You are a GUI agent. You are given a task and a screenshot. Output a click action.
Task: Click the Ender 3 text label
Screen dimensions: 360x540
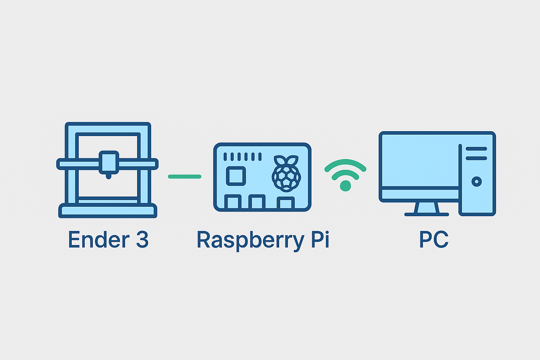coord(108,240)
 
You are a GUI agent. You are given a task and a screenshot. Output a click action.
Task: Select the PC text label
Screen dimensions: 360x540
coord(434,240)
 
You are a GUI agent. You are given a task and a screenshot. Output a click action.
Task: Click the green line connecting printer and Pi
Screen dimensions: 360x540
coord(185,176)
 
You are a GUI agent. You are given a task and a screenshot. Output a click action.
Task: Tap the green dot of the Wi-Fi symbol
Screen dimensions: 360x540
coord(345,186)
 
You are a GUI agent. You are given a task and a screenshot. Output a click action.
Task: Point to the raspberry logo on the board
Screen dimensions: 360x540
coord(286,174)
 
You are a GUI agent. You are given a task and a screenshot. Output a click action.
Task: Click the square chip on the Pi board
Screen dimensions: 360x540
coord(236,176)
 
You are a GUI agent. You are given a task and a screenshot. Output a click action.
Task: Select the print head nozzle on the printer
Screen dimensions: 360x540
coord(108,176)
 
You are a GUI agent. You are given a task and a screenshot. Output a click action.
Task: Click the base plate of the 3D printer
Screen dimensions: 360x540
coord(108,211)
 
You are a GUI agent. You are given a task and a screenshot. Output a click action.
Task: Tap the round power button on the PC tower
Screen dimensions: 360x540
coord(477,182)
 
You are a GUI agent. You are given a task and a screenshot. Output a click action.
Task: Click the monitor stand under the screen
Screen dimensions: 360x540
coord(426,209)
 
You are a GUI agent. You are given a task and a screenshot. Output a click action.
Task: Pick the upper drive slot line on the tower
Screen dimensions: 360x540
coord(476,149)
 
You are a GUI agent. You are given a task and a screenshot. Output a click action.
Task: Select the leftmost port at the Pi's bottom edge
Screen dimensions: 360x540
coord(233,202)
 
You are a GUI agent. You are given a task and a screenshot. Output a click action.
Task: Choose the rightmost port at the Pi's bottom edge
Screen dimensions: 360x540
coord(285,203)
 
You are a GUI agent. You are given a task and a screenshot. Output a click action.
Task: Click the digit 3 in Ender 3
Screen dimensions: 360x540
coord(142,240)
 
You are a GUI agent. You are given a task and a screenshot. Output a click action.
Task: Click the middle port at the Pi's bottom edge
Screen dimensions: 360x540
coord(257,202)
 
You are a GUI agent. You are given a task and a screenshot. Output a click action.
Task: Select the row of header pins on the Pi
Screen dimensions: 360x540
coord(243,156)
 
